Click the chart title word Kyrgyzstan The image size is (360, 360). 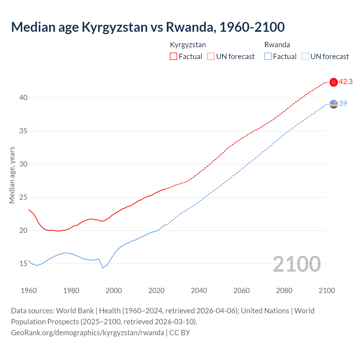(114, 27)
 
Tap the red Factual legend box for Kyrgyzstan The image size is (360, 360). (174, 56)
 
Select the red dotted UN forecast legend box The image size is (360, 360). (211, 56)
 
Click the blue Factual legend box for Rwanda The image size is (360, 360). (268, 56)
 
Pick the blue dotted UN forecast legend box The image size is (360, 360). (305, 56)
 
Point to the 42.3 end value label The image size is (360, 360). (346, 82)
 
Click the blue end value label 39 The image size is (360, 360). (343, 103)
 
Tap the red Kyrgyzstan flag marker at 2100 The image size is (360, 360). (334, 82)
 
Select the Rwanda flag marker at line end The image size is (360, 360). (334, 104)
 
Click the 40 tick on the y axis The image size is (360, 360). (23, 98)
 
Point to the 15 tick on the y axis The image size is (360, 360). (23, 264)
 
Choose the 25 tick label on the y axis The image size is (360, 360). (23, 197)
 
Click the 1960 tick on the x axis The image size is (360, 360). (29, 291)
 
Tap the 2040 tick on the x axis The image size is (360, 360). (199, 291)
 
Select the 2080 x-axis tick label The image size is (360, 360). (284, 291)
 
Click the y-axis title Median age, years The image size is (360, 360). (12, 175)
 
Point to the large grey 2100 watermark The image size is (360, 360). (297, 264)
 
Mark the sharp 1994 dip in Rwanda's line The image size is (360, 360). (103, 268)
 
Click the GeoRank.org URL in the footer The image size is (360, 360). (87, 333)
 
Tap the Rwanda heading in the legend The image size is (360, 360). (277, 45)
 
